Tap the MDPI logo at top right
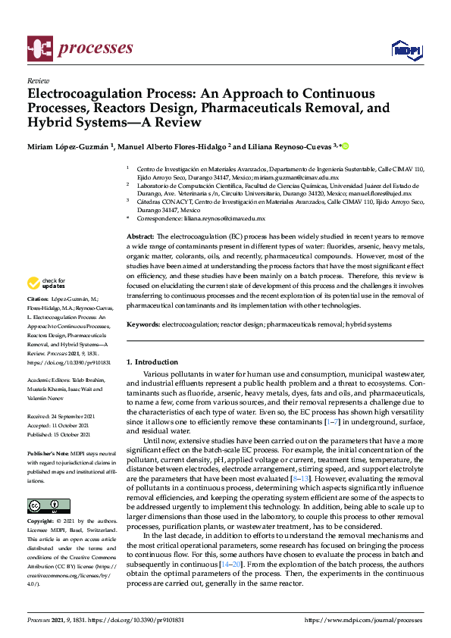coord(406,50)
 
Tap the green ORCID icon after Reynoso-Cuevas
coord(346,146)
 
